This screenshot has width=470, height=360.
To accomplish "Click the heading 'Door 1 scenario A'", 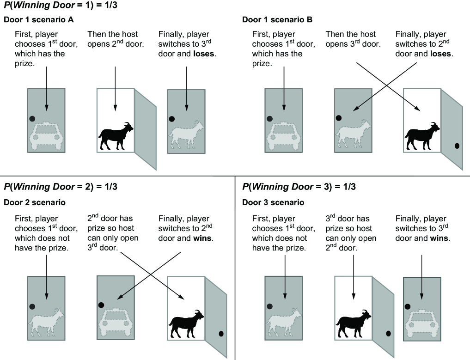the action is [39, 20].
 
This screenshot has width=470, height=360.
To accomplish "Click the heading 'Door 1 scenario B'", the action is [277, 20].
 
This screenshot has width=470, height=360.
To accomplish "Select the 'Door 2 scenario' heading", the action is [35, 202].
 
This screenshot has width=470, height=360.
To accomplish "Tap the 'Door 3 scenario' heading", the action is [273, 202].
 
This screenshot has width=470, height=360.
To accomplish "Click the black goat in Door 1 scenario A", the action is [116, 136].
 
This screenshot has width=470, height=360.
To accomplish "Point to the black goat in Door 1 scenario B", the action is [422, 136].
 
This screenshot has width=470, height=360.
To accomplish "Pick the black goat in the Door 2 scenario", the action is [186, 324].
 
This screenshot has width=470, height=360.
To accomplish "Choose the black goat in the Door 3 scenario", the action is [354, 324].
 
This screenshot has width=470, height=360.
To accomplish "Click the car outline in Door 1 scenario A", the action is [46, 136].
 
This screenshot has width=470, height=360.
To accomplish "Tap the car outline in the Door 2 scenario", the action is [116, 323].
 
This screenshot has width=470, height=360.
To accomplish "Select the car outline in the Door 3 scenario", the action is [422, 324].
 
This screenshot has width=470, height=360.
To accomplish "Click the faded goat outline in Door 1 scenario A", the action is [186, 135].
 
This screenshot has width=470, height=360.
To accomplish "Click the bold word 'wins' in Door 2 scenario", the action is [202, 238].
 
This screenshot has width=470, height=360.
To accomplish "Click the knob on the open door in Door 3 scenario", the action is [388, 333].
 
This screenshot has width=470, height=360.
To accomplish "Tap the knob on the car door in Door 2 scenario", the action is [101, 305].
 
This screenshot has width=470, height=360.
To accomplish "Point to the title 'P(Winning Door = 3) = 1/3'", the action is [299, 187].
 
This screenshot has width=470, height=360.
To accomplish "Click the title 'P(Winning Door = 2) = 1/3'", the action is [61, 187].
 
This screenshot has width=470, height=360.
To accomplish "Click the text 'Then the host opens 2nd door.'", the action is [116, 39].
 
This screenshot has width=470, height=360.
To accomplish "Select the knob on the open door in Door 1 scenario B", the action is [457, 146].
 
